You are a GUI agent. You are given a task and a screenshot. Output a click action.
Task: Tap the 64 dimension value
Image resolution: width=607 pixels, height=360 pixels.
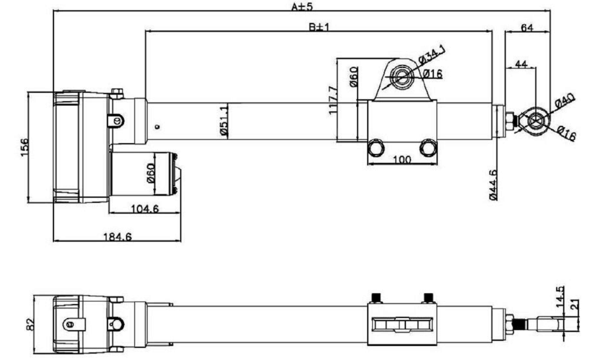(527, 27)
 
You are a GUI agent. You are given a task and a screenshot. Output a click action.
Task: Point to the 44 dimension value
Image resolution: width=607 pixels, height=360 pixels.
(520, 64)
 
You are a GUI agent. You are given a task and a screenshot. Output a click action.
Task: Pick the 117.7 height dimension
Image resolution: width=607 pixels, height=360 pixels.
(332, 100)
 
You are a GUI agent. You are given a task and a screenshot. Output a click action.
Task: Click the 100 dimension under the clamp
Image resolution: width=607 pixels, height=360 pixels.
(401, 160)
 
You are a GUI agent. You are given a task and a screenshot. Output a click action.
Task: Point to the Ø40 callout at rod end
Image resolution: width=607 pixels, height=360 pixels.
(564, 102)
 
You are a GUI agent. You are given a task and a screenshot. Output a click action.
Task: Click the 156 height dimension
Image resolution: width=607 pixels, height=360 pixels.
(23, 147)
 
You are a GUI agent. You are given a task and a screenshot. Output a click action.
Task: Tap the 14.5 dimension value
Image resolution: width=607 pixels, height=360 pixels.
(560, 298)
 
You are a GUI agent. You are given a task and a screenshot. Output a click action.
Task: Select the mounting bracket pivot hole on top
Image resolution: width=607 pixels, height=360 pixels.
(401, 76)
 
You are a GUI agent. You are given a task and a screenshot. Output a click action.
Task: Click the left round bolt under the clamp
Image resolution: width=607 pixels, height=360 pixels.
(376, 148)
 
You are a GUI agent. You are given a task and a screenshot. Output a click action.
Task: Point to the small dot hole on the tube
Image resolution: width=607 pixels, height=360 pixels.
(157, 127)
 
